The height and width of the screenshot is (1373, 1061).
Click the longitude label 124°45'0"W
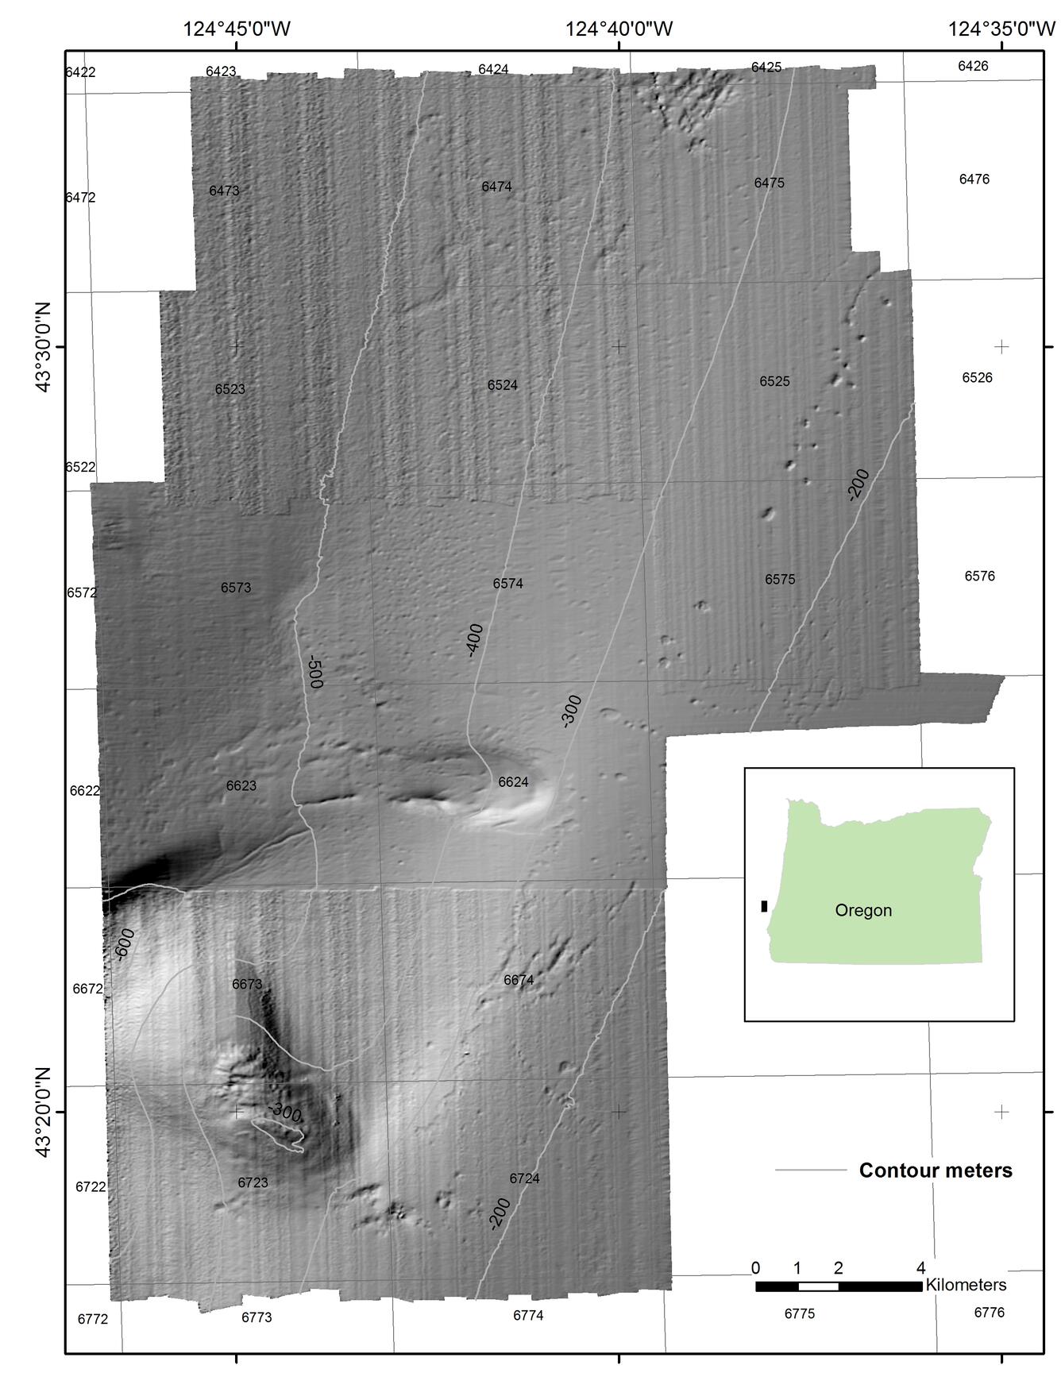pyautogui.click(x=237, y=29)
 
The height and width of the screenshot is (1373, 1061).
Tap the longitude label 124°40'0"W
pyautogui.click(x=619, y=29)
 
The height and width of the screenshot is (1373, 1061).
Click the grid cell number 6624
pyautogui.click(x=513, y=782)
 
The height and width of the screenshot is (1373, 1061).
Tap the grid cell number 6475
pyautogui.click(x=769, y=183)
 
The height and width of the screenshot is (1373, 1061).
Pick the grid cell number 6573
pyautogui.click(x=236, y=588)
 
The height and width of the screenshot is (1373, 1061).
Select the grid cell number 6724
pyautogui.click(x=524, y=1178)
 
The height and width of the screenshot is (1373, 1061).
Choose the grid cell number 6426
pyautogui.click(x=973, y=66)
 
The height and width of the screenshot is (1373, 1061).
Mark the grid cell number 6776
pyautogui.click(x=989, y=1313)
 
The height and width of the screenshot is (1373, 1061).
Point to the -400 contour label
pyautogui.click(x=474, y=640)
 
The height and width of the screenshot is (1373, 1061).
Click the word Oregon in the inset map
pyautogui.click(x=863, y=911)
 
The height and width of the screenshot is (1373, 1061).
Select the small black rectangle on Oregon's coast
pyautogui.click(x=764, y=906)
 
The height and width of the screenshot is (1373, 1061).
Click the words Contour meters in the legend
pyautogui.click(x=936, y=1171)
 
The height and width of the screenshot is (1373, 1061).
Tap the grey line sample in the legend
pyautogui.click(x=811, y=1170)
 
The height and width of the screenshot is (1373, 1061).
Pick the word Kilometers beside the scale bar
pyautogui.click(x=966, y=1285)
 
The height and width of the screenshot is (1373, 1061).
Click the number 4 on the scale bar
pyautogui.click(x=921, y=1267)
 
